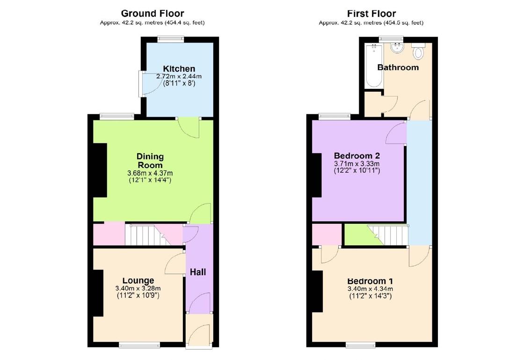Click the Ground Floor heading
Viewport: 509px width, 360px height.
152,14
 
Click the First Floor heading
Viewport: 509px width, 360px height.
371,14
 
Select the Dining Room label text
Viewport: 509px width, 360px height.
150,160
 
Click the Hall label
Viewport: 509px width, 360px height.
198,272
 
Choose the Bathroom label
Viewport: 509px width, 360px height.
398,67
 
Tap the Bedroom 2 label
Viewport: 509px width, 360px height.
356,156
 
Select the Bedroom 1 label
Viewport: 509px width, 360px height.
370,281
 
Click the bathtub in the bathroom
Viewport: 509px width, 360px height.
374,66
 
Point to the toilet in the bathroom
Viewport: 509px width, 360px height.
418,52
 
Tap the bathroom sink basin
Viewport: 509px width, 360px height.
397,47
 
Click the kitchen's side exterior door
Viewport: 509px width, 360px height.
141,83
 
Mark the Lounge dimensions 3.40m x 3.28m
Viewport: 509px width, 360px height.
138,288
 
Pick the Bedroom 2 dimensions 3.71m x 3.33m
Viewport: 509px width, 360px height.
356,163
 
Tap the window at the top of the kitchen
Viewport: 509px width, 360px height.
170,40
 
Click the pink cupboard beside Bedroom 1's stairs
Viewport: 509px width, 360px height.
327,235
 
